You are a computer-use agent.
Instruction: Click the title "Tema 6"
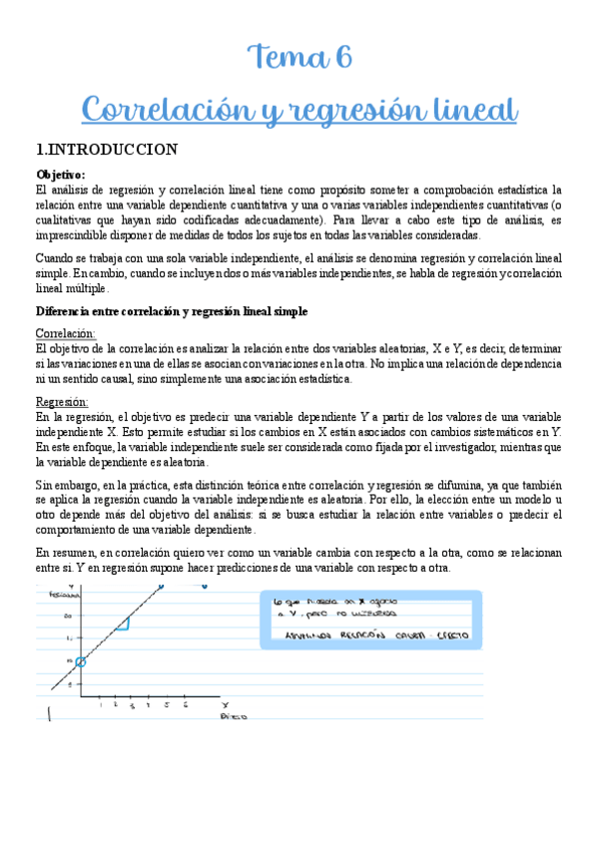tap(299, 59)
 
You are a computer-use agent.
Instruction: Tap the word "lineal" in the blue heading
tap(469, 109)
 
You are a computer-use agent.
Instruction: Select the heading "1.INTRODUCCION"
tap(106, 151)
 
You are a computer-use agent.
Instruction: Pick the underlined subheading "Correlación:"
tap(66, 333)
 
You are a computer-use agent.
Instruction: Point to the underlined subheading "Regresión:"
tap(62, 402)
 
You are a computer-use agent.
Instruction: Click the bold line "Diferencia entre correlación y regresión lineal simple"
tap(171, 311)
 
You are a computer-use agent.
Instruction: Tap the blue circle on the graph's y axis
tap(81, 660)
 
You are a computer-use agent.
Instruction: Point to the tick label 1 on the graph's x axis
tap(101, 705)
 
